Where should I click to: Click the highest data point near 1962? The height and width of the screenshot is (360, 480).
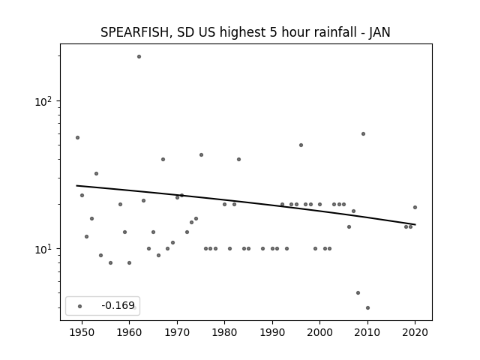[x=139, y=57]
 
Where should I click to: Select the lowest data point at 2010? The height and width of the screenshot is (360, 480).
[x=367, y=308]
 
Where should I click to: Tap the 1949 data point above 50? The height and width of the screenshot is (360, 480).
[x=77, y=138]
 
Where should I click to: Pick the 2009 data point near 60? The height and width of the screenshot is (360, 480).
[x=363, y=133]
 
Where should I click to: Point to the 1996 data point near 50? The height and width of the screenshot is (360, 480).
[x=301, y=145]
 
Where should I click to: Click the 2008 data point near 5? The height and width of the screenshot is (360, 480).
[x=358, y=293]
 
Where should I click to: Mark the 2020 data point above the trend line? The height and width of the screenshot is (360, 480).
[x=415, y=207]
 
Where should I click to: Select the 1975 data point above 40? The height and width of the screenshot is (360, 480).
[x=201, y=155]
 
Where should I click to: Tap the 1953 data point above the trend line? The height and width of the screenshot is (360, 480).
[x=96, y=173]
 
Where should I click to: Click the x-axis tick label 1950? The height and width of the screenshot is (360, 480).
[x=82, y=332]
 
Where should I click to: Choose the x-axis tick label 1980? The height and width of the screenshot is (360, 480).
[x=224, y=332]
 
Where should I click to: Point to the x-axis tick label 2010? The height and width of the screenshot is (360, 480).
[x=367, y=332]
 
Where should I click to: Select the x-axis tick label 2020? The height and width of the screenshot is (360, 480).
[x=415, y=332]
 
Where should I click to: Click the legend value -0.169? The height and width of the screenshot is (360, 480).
[x=118, y=305]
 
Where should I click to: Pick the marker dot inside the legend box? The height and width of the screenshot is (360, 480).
[x=79, y=306]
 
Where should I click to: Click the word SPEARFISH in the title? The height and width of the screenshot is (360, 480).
[x=135, y=32]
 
